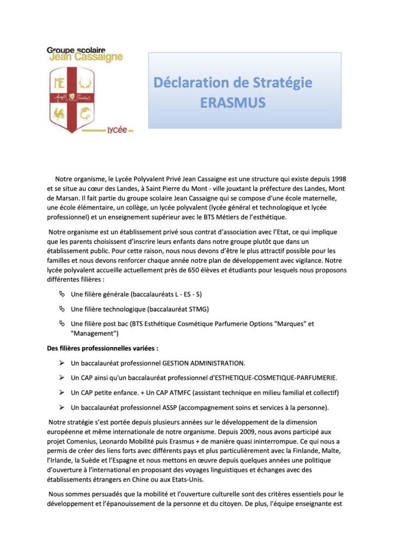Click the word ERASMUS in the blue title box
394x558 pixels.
(232, 102)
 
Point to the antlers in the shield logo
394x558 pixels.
(84, 83)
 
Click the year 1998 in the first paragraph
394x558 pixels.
(337, 179)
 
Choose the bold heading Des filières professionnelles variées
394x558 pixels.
(103, 348)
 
